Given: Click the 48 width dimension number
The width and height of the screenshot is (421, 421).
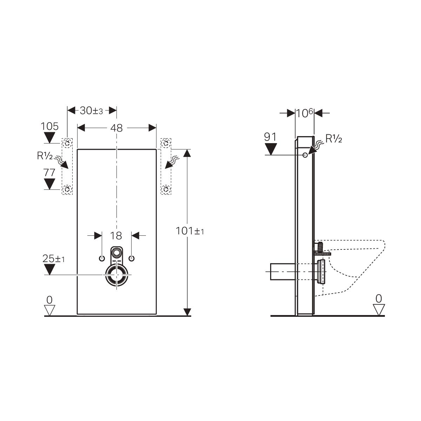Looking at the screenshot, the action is pyautogui.click(x=116, y=128).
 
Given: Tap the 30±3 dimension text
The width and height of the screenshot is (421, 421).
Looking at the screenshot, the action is pyautogui.click(x=91, y=111).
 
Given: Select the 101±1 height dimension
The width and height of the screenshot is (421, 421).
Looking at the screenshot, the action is pyautogui.click(x=190, y=231).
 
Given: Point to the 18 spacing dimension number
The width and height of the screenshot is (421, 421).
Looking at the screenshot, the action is pyautogui.click(x=116, y=236).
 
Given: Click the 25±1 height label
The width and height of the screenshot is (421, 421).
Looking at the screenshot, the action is pyautogui.click(x=54, y=259).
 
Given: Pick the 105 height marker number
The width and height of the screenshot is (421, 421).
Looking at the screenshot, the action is pyautogui.click(x=49, y=126).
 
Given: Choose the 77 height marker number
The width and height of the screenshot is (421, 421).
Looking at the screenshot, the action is pyautogui.click(x=49, y=173).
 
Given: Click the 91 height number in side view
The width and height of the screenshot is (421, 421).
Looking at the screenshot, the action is pyautogui.click(x=270, y=137).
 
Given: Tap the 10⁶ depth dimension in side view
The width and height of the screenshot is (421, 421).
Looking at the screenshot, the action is pyautogui.click(x=305, y=113).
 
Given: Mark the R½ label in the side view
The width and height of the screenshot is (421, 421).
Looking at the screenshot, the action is pyautogui.click(x=334, y=139).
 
